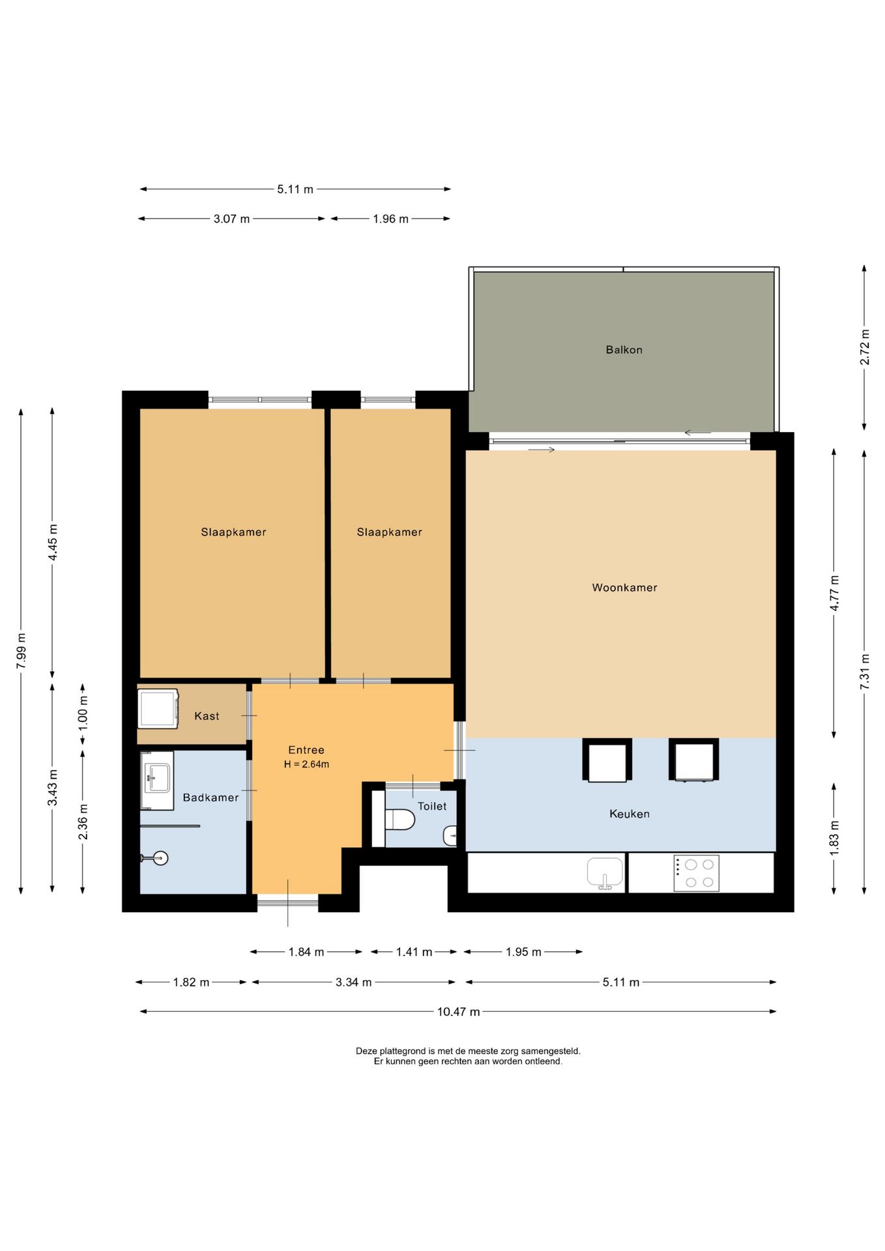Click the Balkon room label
(624, 350)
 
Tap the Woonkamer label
(624, 588)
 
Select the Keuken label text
(629, 814)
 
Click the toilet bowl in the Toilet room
(399, 819)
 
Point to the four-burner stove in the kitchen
(696, 873)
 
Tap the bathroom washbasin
(157, 780)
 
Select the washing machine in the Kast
(158, 708)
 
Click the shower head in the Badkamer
(158, 858)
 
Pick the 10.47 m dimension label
(458, 1012)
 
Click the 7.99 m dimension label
(22, 650)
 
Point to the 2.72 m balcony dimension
(865, 347)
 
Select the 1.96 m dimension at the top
(390, 219)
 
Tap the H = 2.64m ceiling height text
(306, 764)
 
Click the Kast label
(207, 716)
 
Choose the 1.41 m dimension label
(414, 952)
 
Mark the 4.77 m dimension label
(834, 593)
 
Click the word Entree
(306, 750)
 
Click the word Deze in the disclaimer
(366, 1051)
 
